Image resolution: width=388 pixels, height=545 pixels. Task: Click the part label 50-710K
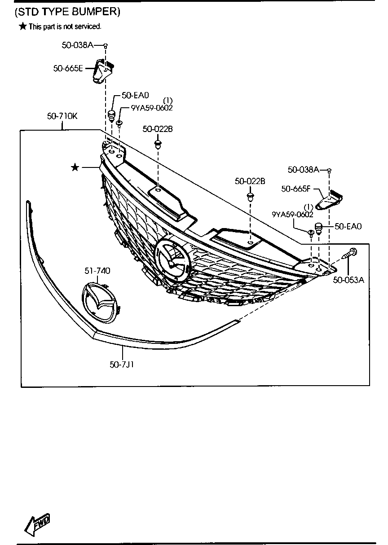[x=62, y=116]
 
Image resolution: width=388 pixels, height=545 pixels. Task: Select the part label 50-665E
[x=68, y=68]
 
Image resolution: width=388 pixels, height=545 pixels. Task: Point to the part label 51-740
[x=97, y=271]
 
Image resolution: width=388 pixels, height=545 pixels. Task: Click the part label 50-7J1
[x=122, y=365]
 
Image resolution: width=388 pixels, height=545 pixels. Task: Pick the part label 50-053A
[x=348, y=280]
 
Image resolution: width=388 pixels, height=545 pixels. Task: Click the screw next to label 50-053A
[x=351, y=254]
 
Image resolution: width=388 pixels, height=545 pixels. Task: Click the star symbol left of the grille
[x=75, y=167]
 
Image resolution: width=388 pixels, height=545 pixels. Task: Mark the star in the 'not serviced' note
[x=23, y=26]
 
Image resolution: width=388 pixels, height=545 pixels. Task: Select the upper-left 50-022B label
[x=158, y=129]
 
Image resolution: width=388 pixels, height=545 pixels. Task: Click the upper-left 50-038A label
[x=77, y=44]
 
